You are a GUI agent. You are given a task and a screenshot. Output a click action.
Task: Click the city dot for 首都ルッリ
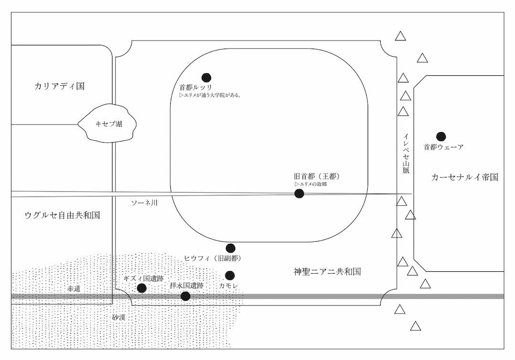(x=206, y=77)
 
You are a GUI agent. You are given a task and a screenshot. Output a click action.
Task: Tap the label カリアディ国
(x=59, y=86)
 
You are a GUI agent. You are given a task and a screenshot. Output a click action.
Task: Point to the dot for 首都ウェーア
(x=441, y=136)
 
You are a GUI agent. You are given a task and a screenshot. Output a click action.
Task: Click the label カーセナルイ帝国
(x=464, y=177)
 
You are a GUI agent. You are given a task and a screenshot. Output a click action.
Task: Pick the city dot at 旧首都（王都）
(x=299, y=193)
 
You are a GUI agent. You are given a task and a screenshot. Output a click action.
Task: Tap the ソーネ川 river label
(x=144, y=203)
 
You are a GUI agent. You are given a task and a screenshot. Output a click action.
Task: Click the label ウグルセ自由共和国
(x=62, y=215)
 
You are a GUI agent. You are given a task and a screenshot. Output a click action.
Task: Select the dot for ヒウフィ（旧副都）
(x=230, y=248)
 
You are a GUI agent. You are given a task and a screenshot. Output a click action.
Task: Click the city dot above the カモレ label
(x=230, y=275)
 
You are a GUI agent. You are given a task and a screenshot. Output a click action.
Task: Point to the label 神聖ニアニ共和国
(x=327, y=272)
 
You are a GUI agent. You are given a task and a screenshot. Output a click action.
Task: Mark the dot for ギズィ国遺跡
(x=142, y=288)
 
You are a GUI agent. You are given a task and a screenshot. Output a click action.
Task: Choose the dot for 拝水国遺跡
(x=185, y=296)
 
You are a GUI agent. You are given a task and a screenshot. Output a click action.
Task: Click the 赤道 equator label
(x=73, y=289)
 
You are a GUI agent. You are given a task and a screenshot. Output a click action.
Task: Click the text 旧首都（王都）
(x=317, y=176)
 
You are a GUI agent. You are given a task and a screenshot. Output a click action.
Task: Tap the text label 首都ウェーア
(x=443, y=147)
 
